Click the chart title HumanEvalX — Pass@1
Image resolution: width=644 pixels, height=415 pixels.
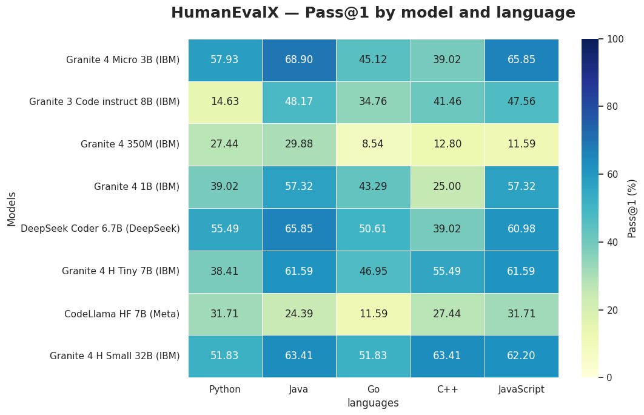tap(373, 13)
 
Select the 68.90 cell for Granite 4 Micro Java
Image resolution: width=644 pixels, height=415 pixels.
tap(299, 59)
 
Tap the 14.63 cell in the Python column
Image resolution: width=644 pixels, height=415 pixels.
tap(225, 102)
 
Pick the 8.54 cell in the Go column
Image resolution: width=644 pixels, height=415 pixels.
tap(373, 144)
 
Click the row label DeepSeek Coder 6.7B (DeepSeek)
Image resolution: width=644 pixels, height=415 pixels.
tap(100, 229)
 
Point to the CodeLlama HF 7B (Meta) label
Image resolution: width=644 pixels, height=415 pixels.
tap(122, 314)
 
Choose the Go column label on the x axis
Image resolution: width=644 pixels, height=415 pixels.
tap(373, 390)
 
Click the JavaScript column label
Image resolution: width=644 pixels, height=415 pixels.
tap(521, 390)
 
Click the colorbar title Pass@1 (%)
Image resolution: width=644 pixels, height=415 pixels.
tap(632, 208)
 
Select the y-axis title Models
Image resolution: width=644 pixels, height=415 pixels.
tap(12, 208)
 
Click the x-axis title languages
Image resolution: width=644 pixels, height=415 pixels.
tap(373, 403)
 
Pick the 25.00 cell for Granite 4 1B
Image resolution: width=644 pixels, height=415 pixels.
tap(447, 187)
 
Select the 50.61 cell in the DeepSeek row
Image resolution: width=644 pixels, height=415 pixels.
tap(373, 229)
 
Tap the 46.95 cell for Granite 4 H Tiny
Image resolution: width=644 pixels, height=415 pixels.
tap(373, 271)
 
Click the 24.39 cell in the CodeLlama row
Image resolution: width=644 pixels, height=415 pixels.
tap(299, 314)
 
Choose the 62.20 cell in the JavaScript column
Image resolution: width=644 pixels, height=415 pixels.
tap(521, 356)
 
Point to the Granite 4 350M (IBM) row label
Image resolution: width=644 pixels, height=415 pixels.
tap(130, 144)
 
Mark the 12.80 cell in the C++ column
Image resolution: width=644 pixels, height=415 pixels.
tap(447, 144)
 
